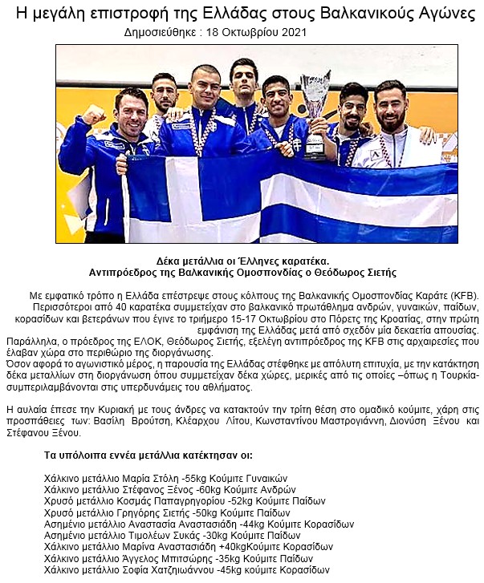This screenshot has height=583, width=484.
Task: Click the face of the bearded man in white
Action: tap(391, 106)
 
